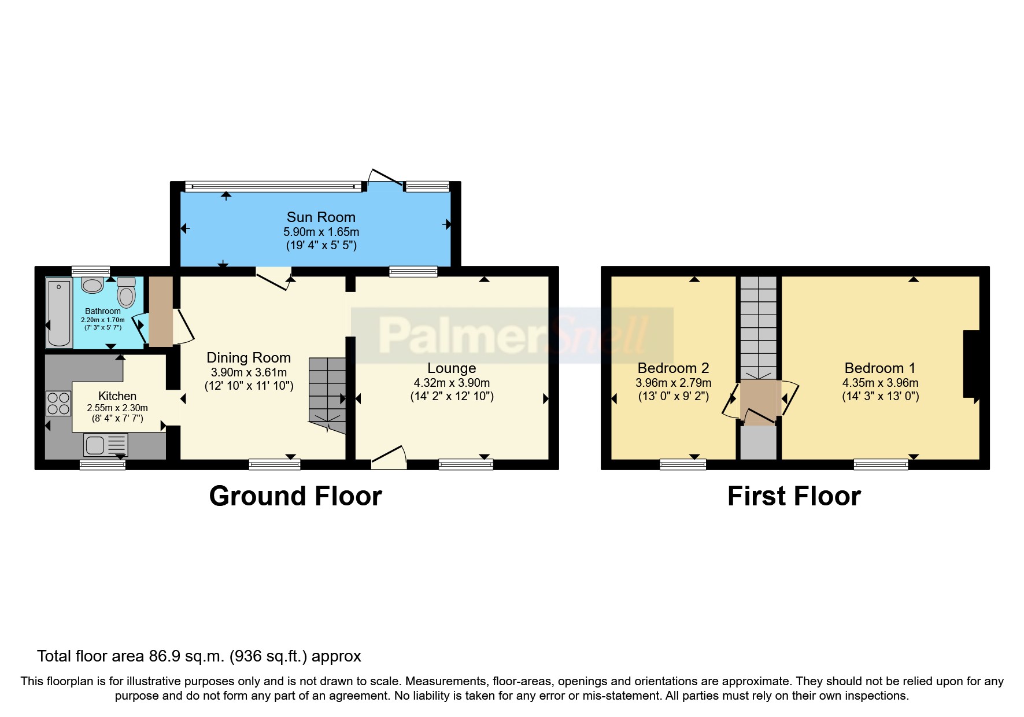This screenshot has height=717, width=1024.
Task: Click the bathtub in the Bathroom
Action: coord(59,313)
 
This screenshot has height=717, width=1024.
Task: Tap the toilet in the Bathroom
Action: coord(126,293)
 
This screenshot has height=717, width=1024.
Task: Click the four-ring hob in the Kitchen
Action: coord(58,403)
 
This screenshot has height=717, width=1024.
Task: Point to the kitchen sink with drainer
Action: coord(105,445)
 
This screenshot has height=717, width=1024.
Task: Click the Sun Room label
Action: coord(321,217)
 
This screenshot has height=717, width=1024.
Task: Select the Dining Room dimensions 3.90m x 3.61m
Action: coord(249,373)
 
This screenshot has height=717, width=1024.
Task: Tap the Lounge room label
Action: coord(452,368)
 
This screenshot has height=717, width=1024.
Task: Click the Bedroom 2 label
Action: coord(673,368)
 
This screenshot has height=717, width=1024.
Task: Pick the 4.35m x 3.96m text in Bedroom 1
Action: coord(880,383)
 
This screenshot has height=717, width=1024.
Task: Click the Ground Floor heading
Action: coord(295,496)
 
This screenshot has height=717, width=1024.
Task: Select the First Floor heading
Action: coord(794,496)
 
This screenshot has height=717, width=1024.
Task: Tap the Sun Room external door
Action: coord(385,179)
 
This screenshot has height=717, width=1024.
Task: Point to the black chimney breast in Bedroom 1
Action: coord(971,364)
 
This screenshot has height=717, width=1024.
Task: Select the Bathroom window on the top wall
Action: coord(91,271)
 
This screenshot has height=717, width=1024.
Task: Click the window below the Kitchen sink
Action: coord(102,464)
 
